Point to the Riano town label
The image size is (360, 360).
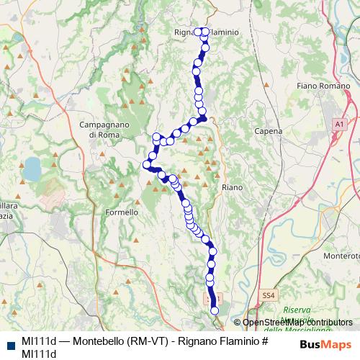point(233,186)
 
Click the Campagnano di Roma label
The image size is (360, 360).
point(103,130)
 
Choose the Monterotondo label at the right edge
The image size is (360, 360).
point(343,256)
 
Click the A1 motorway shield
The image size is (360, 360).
point(339,125)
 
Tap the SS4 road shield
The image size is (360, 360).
point(269,295)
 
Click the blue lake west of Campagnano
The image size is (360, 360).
point(32,169)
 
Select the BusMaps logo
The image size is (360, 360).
point(321,344)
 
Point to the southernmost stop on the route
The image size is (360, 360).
point(214,310)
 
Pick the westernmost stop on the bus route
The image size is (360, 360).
point(147,164)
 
